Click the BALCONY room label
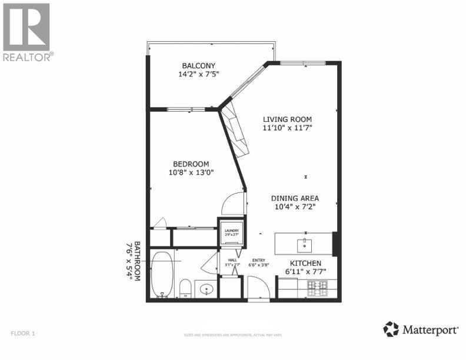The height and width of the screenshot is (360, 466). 198,65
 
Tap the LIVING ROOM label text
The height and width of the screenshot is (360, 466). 287,119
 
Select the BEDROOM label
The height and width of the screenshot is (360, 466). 191,164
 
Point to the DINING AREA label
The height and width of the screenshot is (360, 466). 295,198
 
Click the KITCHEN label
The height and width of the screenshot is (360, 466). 305,263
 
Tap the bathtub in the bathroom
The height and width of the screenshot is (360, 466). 162,275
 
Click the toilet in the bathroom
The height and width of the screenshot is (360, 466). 185,289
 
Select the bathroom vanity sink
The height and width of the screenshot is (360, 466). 206,289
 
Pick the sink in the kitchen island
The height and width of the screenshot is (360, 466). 305,243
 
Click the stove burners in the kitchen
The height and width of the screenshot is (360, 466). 318,287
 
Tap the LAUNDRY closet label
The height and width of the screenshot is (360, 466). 229,231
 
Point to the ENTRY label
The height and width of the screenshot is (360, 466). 259,261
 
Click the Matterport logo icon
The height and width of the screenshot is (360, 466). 391,329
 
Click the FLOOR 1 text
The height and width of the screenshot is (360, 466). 23,334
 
